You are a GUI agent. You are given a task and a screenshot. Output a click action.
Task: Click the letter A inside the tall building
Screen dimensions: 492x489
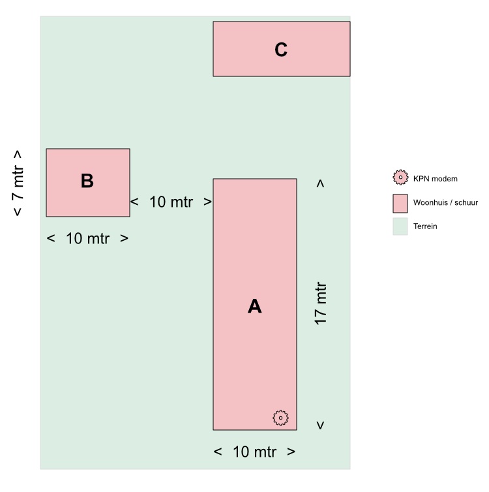click(x=254, y=306)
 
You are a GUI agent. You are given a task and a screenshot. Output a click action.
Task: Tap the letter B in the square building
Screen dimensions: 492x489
click(x=87, y=181)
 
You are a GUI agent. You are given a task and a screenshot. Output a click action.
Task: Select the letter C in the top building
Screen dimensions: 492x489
click(x=281, y=50)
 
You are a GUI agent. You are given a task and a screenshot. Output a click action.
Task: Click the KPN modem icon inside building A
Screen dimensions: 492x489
click(x=280, y=418)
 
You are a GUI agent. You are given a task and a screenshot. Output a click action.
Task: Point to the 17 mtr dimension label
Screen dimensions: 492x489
click(x=320, y=304)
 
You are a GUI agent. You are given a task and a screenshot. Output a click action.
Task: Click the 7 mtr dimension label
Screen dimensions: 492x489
click(x=18, y=183)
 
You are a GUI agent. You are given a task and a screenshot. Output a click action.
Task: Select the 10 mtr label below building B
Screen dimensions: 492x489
click(x=87, y=239)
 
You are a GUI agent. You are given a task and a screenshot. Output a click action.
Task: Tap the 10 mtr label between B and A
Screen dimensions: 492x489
click(x=171, y=202)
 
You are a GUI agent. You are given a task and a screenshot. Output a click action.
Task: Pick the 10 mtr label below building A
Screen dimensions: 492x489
click(x=254, y=452)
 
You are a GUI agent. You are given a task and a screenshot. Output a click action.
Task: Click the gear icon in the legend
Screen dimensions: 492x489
click(x=400, y=177)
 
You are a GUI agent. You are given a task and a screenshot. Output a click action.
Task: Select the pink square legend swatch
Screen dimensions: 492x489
click(x=400, y=202)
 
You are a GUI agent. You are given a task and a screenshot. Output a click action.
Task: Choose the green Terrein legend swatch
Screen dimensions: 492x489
click(x=400, y=226)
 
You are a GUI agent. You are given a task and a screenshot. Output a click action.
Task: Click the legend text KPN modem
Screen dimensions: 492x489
click(x=436, y=178)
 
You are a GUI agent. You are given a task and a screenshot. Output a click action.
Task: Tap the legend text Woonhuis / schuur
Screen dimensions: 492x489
click(x=445, y=202)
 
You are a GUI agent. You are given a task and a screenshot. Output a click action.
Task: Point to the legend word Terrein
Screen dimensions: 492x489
click(x=425, y=226)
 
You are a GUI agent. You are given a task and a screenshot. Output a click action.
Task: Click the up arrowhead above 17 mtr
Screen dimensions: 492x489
click(x=320, y=184)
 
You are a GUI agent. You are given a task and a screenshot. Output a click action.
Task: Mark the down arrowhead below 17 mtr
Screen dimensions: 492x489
click(x=320, y=425)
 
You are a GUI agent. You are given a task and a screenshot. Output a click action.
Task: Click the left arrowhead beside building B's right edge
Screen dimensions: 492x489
click(x=134, y=202)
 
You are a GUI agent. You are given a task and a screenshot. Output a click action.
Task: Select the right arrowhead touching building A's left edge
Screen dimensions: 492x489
click(x=208, y=202)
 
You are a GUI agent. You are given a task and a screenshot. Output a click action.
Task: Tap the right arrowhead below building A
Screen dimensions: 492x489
click(x=291, y=452)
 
